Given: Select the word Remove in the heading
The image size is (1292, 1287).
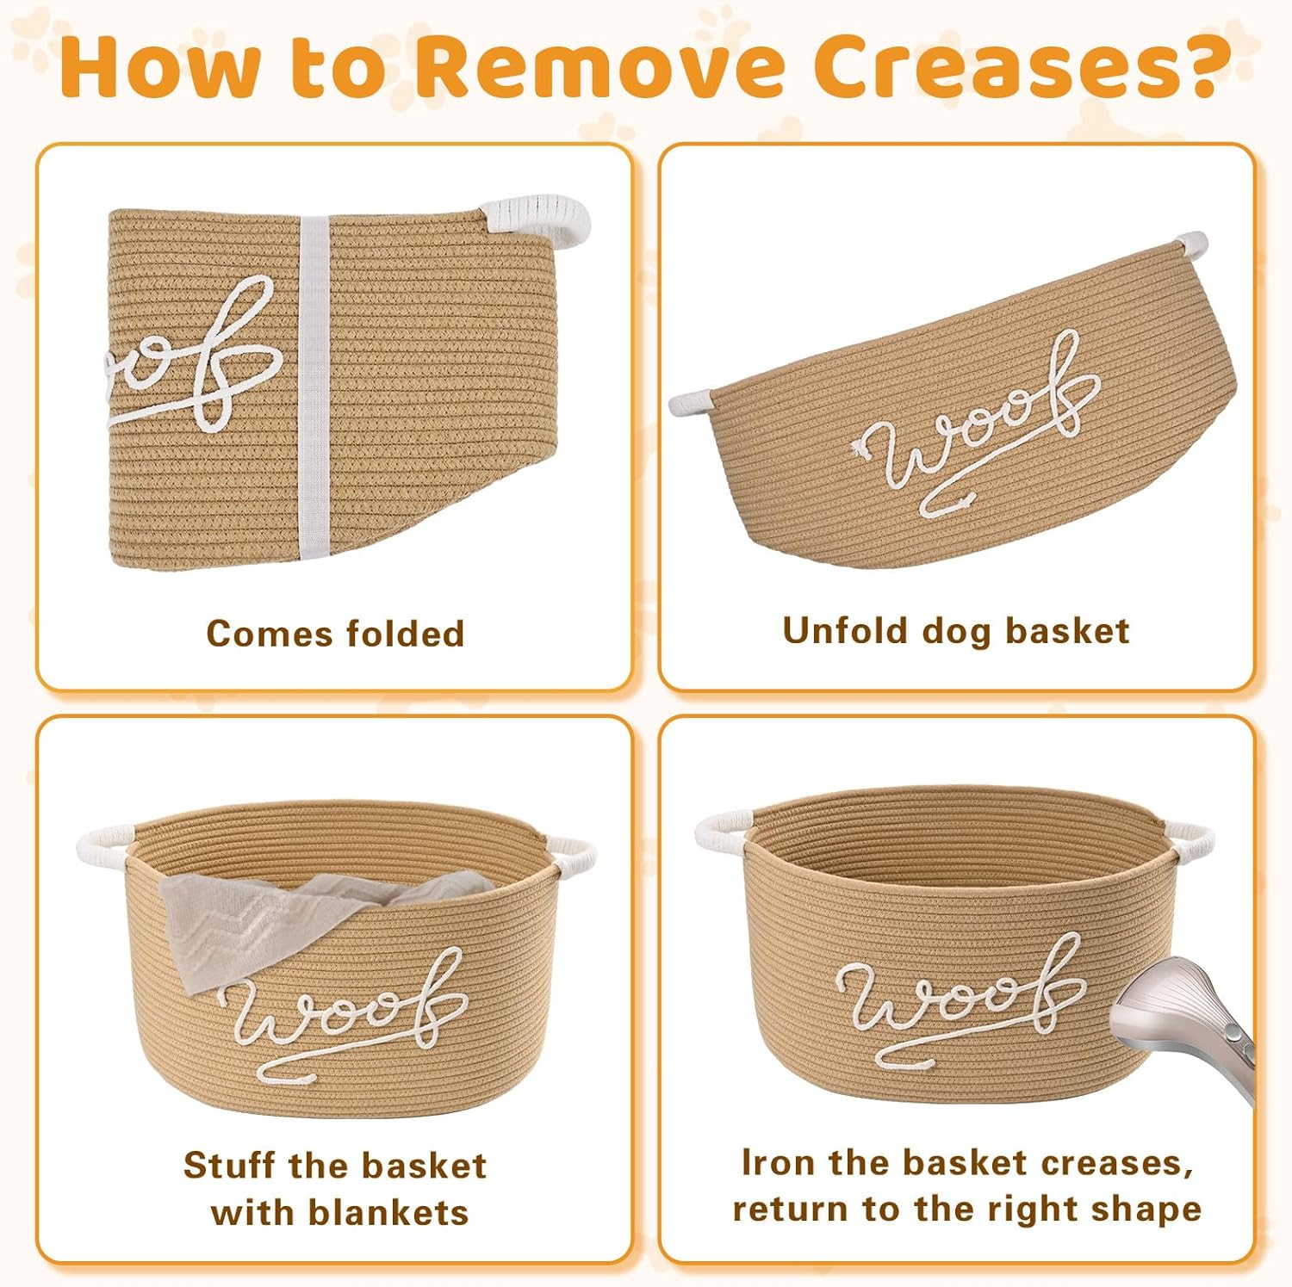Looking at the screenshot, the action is (610, 67).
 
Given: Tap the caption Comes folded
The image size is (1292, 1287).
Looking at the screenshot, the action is (335, 634).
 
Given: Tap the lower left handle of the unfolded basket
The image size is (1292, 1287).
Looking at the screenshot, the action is (690, 401).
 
